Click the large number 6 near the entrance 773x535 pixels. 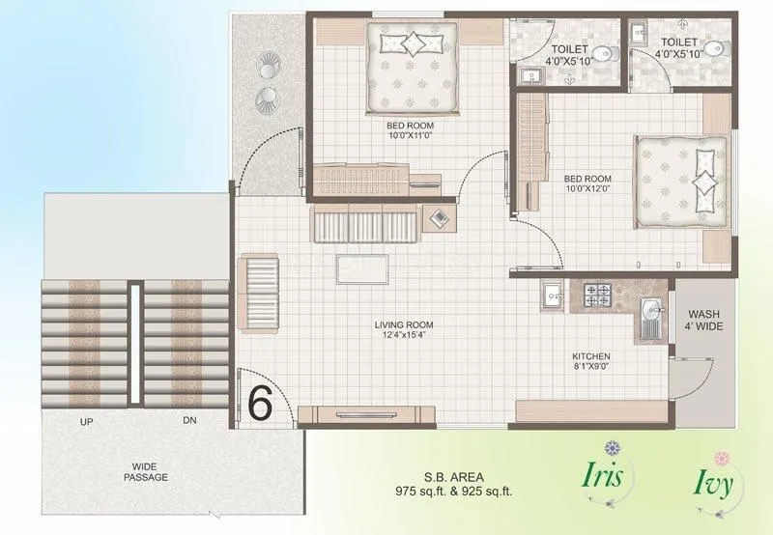pyautogui.click(x=260, y=402)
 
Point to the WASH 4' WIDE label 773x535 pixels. pyautogui.click(x=703, y=321)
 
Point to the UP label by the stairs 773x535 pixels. pyautogui.click(x=87, y=422)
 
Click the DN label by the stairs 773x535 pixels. pyautogui.click(x=188, y=422)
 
